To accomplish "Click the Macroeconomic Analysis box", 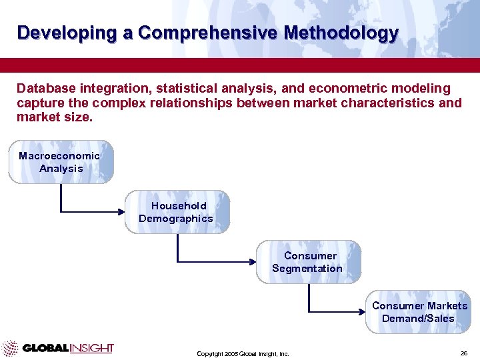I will pyautogui.click(x=61, y=162).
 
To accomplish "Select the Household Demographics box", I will pyautogui.click(x=177, y=212).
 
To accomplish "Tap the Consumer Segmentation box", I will pyautogui.click(x=308, y=262).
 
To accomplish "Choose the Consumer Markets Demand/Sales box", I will pyautogui.click(x=419, y=312).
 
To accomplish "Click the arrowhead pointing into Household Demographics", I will pyautogui.click(x=122, y=212).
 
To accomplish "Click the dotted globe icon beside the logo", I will pyautogui.click(x=10, y=348).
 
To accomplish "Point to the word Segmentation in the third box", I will pyautogui.click(x=307, y=269).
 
